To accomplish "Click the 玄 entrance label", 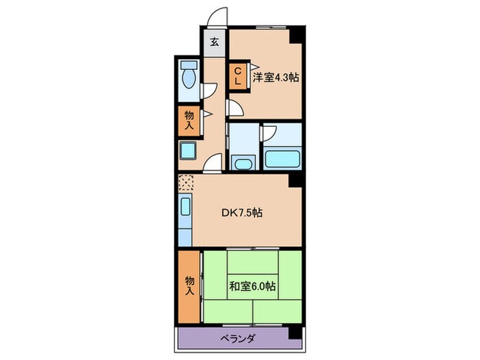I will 214,41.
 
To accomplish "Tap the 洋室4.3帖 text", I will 275,77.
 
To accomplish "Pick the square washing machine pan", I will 188,151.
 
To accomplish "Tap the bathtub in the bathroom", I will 283,158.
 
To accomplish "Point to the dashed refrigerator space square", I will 186,184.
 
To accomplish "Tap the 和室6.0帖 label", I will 253,285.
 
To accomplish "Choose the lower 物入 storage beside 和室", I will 188,285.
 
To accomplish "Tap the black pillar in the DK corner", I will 296,180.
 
